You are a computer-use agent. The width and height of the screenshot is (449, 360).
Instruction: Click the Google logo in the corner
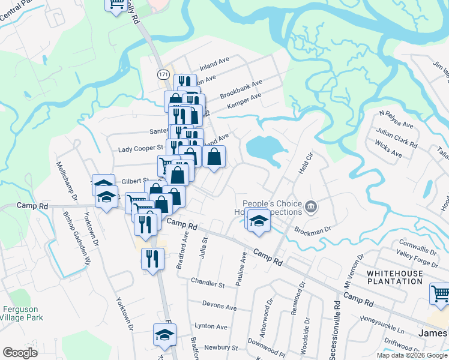[x=20, y=352]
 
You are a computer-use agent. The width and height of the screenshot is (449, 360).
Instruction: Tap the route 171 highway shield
[x=163, y=74]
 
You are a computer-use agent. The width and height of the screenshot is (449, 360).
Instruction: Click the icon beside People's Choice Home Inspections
[x=311, y=208]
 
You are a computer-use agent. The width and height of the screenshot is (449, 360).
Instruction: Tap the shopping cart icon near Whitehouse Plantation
[x=440, y=295]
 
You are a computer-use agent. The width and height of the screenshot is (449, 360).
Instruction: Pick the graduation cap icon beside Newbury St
[x=164, y=336]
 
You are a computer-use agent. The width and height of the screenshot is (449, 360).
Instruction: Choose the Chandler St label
[x=207, y=281]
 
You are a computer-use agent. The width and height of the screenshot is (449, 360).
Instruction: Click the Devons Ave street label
[x=219, y=306]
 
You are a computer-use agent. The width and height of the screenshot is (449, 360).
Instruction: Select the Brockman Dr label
[x=312, y=229]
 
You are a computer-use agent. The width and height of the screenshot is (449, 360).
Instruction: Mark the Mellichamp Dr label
[x=67, y=180]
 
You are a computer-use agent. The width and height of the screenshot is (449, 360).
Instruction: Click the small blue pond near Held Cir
[x=263, y=150]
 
